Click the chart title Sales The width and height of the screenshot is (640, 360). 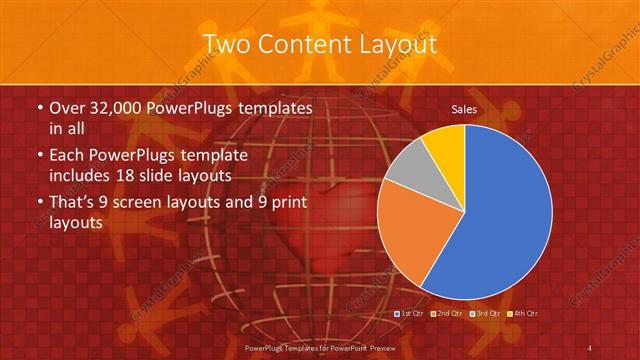coord(463,108)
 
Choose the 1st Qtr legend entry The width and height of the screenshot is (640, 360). coord(411,314)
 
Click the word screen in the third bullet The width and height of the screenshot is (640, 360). coord(146,203)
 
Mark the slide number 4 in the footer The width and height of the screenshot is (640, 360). coord(591,347)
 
